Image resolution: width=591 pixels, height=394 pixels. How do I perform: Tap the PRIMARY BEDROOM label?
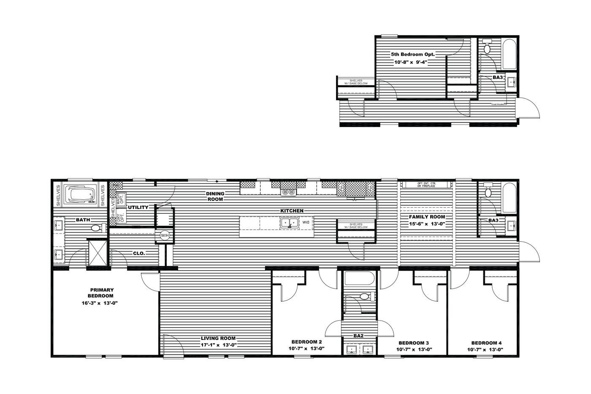(101, 293)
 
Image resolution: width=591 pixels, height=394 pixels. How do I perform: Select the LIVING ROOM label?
(218, 338)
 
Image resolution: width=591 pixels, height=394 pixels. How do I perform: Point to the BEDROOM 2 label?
(307, 342)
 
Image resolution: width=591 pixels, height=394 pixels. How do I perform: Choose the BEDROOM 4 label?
(487, 343)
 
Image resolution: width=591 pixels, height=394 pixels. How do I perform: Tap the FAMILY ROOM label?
(427, 217)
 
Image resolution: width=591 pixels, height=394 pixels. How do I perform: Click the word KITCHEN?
(292, 210)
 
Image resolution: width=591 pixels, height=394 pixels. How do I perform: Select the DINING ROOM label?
(215, 196)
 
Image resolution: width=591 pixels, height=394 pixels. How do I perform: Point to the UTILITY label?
(138, 207)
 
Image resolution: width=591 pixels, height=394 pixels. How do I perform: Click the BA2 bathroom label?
(358, 336)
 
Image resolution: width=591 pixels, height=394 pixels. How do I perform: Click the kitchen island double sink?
(290, 222)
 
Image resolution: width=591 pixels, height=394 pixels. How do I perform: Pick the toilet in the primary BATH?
(97, 228)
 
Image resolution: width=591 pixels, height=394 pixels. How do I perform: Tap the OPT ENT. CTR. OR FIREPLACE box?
(426, 185)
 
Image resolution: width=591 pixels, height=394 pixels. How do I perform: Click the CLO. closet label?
(139, 253)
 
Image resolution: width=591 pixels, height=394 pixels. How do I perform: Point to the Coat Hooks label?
(499, 104)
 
